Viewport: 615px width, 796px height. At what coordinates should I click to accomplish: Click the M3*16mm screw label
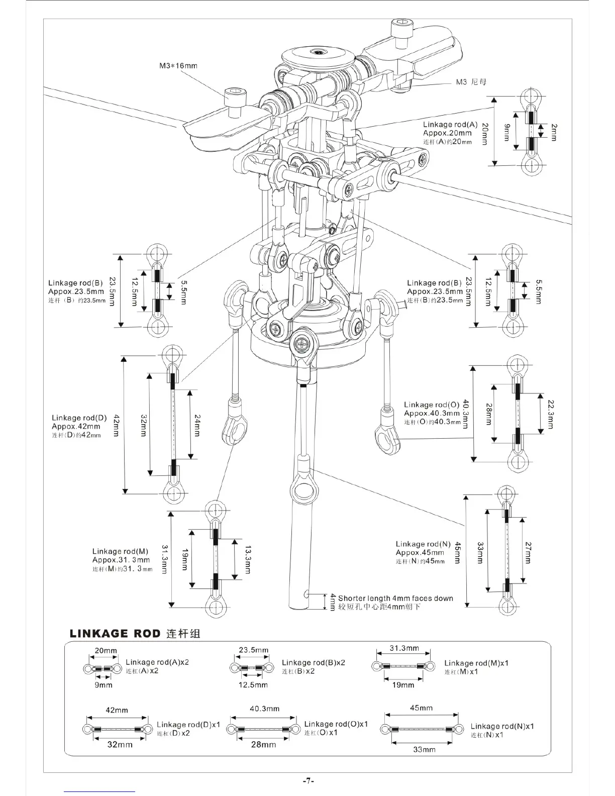point(178,66)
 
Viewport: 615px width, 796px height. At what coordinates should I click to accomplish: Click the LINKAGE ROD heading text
point(115,633)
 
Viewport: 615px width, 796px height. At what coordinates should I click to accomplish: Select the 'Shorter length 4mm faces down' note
point(395,599)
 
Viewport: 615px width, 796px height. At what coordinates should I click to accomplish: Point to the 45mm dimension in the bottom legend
point(421,708)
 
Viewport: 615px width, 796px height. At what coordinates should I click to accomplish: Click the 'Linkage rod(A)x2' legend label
point(157,662)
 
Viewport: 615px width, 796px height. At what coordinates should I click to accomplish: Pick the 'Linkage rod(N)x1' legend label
point(502,726)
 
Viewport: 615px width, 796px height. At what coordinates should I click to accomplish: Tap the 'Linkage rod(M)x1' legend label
point(476,663)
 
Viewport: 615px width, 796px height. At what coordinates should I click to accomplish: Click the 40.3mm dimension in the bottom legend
point(265,709)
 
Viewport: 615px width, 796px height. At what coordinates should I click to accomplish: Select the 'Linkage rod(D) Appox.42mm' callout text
point(79,422)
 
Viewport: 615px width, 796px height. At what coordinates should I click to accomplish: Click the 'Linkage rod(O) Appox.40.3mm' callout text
point(432,409)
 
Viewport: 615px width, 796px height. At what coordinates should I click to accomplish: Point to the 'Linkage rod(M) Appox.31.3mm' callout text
point(121,556)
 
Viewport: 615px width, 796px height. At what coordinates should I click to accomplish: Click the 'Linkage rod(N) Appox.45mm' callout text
point(423,548)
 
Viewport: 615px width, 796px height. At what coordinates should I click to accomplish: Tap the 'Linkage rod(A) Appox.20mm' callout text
point(450,129)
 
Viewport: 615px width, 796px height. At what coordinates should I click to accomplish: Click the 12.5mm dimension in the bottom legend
point(253,685)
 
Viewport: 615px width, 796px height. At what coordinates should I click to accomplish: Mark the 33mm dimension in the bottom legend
point(424,749)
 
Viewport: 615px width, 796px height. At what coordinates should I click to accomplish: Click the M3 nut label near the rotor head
point(471,82)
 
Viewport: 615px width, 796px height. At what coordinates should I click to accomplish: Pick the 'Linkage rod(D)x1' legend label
point(188,725)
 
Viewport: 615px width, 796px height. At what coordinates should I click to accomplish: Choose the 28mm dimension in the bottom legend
point(264,744)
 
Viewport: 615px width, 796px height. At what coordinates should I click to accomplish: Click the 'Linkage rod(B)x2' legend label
point(314,663)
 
